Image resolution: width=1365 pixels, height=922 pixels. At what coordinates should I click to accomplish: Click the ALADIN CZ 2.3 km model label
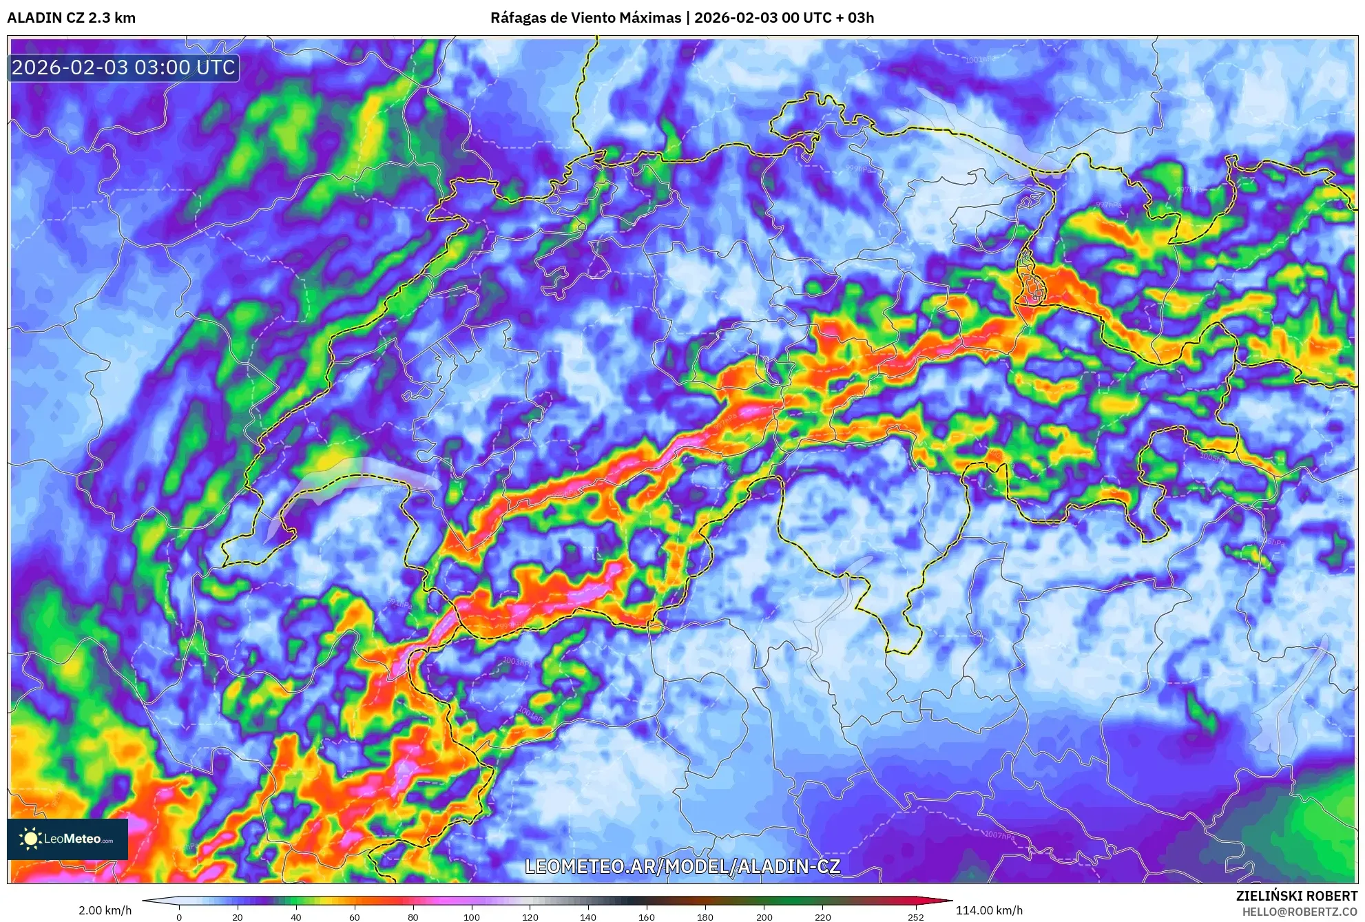[x=71, y=18]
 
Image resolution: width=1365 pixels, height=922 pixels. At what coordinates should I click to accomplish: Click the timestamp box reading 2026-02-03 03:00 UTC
[x=124, y=67]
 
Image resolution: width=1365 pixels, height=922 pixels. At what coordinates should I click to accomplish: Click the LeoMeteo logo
[x=67, y=839]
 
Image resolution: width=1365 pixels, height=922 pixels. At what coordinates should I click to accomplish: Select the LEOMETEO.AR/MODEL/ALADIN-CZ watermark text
[x=682, y=866]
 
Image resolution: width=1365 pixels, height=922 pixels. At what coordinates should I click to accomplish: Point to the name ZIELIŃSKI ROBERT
[x=1296, y=896]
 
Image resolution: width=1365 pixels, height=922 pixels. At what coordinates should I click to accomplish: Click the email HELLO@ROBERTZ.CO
[x=1300, y=912]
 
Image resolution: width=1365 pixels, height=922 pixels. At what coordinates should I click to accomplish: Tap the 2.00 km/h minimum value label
[x=105, y=910]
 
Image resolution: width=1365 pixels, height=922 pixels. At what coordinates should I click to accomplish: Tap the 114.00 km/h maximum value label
[x=989, y=910]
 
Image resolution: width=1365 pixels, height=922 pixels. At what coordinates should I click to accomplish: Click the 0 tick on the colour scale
[x=179, y=916]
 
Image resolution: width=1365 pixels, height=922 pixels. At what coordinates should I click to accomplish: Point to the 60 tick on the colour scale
[x=355, y=916]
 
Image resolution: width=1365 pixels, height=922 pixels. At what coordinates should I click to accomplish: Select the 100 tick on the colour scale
[x=471, y=916]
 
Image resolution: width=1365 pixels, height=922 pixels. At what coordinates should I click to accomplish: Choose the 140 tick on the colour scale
[x=588, y=916]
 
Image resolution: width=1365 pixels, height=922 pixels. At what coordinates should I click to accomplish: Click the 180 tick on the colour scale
[x=705, y=916]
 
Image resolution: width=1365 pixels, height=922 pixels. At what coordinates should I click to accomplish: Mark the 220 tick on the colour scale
[x=822, y=916]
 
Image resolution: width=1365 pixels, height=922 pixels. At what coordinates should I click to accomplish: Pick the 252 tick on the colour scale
[x=915, y=916]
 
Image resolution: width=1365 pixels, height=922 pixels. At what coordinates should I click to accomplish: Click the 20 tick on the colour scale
[x=238, y=916]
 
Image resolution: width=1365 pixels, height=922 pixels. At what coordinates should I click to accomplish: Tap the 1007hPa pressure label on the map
[x=999, y=835]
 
